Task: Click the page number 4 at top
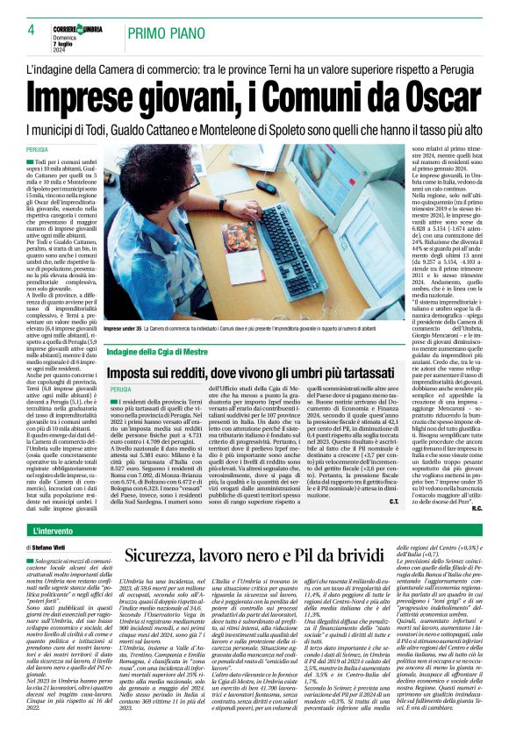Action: pyautogui.click(x=31, y=30)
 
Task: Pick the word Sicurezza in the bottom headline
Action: pyautogui.click(x=168, y=555)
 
